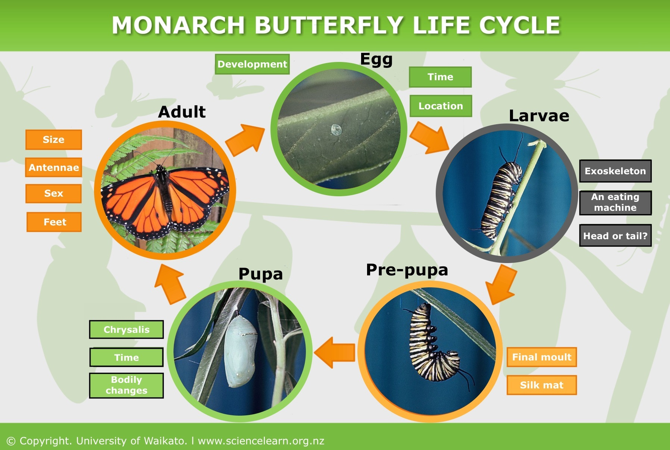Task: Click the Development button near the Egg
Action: click(252, 64)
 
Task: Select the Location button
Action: click(441, 106)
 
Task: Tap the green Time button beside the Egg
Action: click(440, 77)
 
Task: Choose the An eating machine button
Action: click(615, 203)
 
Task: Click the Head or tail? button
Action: click(615, 236)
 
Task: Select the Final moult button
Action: click(541, 357)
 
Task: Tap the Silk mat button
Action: click(541, 385)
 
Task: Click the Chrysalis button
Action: click(126, 329)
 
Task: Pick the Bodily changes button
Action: click(126, 385)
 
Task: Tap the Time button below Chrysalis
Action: click(126, 357)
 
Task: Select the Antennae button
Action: click(54, 168)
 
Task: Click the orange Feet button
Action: click(54, 222)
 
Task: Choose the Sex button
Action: click(54, 193)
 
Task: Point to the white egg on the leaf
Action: click(336, 129)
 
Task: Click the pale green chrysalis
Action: click(241, 351)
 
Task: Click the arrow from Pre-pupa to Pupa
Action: click(335, 352)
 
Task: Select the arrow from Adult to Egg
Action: click(246, 141)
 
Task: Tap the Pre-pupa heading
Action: click(407, 270)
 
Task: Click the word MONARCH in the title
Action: click(178, 25)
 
